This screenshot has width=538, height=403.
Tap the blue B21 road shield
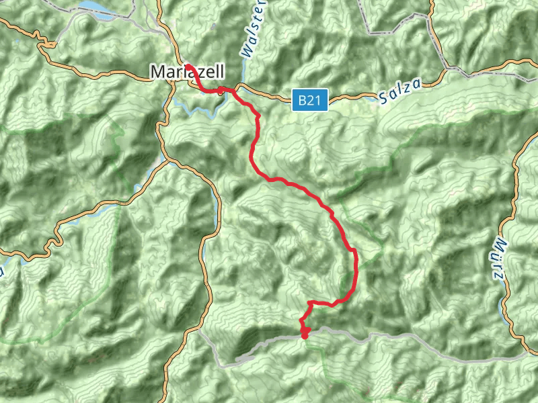(x=310, y=101)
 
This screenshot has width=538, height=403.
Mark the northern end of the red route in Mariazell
(x=188, y=65)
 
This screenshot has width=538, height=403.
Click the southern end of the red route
(x=304, y=335)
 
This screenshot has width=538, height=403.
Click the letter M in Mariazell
(x=157, y=71)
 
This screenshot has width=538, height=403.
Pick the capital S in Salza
(x=383, y=98)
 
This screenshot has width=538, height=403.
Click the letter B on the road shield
(x=303, y=101)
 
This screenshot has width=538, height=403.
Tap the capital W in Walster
(x=246, y=52)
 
